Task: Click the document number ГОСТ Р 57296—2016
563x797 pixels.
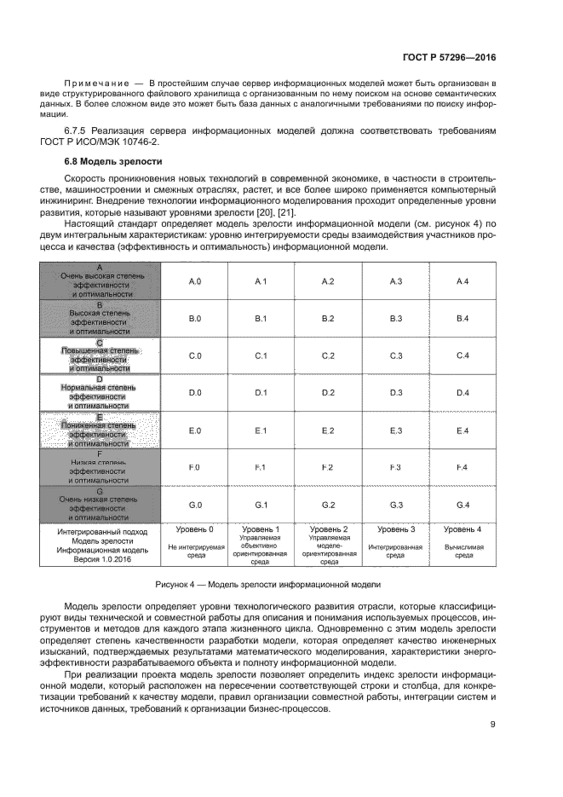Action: (449, 58)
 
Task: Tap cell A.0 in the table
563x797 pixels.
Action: (194, 281)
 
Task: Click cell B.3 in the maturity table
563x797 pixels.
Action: (395, 319)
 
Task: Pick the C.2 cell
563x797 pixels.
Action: (328, 355)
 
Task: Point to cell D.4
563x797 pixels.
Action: (462, 392)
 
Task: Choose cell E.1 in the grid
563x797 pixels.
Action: (261, 430)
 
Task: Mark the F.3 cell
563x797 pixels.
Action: (395, 468)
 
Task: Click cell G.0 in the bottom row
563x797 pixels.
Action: (194, 505)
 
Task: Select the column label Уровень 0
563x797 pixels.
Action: (195, 530)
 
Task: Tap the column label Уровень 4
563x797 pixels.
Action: (462, 530)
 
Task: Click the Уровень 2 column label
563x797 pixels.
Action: (329, 530)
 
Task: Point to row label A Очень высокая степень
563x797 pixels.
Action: (100, 280)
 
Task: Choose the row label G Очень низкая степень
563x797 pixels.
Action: (100, 505)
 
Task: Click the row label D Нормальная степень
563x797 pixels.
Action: (100, 392)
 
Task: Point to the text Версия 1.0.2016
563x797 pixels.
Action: (100, 560)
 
